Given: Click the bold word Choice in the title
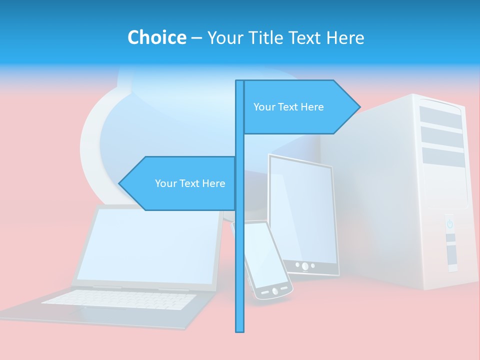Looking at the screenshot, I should click(156, 37).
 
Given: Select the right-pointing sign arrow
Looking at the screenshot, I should click(300, 107).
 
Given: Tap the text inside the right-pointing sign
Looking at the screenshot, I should click(288, 107).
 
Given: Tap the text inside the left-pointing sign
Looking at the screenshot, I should click(190, 183).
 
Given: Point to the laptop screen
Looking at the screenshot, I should click(147, 245).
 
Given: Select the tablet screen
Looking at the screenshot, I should click(302, 210).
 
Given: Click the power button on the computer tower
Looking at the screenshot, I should click(449, 223).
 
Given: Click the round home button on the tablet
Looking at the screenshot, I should click(305, 265).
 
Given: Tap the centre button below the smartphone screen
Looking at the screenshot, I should click(274, 290).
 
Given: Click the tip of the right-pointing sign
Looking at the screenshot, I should click(359, 106).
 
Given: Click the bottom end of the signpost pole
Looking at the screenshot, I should click(240, 330).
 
